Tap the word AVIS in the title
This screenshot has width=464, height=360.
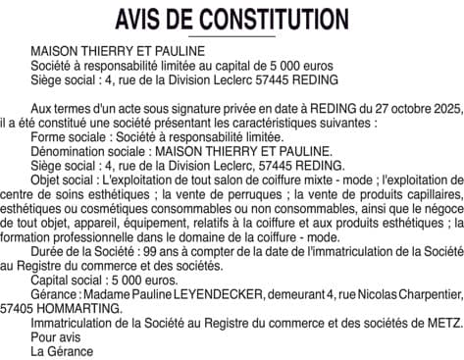141,18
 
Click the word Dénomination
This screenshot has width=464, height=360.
69,152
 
